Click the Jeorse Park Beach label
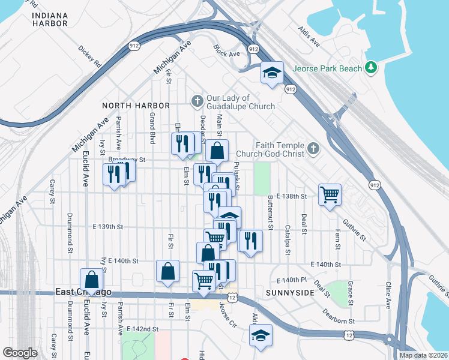coord(327,68)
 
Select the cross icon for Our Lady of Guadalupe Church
coord(197,100)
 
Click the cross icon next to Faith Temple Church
coord(312,148)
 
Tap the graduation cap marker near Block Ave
coord(272,73)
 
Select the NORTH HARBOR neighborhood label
coord(133,106)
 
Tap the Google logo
coord(20,353)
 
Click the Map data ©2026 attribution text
coord(423,355)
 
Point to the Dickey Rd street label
coord(89,57)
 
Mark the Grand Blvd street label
coord(152,128)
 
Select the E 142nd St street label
coord(142,329)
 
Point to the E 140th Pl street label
coord(292,280)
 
